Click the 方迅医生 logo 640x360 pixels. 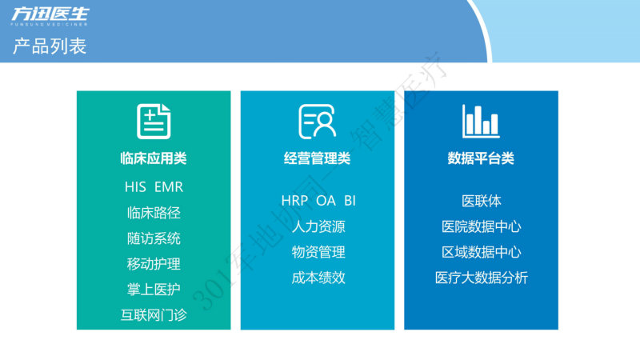coord(50,16)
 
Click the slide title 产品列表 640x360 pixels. coord(50,46)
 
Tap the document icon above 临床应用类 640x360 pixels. coord(154,122)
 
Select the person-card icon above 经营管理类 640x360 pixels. coord(317,122)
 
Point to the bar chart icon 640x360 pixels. coord(481,121)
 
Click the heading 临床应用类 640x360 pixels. coord(154,158)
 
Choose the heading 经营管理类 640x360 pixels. coord(317,158)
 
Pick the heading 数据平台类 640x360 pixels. coord(481,158)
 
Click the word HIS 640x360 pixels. coord(135,187)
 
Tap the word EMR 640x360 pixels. coord(169,187)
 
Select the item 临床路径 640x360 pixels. coord(154,213)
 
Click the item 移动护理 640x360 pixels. coord(154,264)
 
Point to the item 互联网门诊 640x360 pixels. coord(154,315)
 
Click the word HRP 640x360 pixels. coord(294,201)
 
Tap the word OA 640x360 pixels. coord(326,201)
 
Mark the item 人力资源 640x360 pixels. coord(318,226)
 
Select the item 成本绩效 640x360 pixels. coord(318,278)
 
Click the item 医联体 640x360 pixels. coord(482,201)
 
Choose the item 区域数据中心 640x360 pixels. coord(482,252)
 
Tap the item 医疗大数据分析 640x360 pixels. coord(482,278)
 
